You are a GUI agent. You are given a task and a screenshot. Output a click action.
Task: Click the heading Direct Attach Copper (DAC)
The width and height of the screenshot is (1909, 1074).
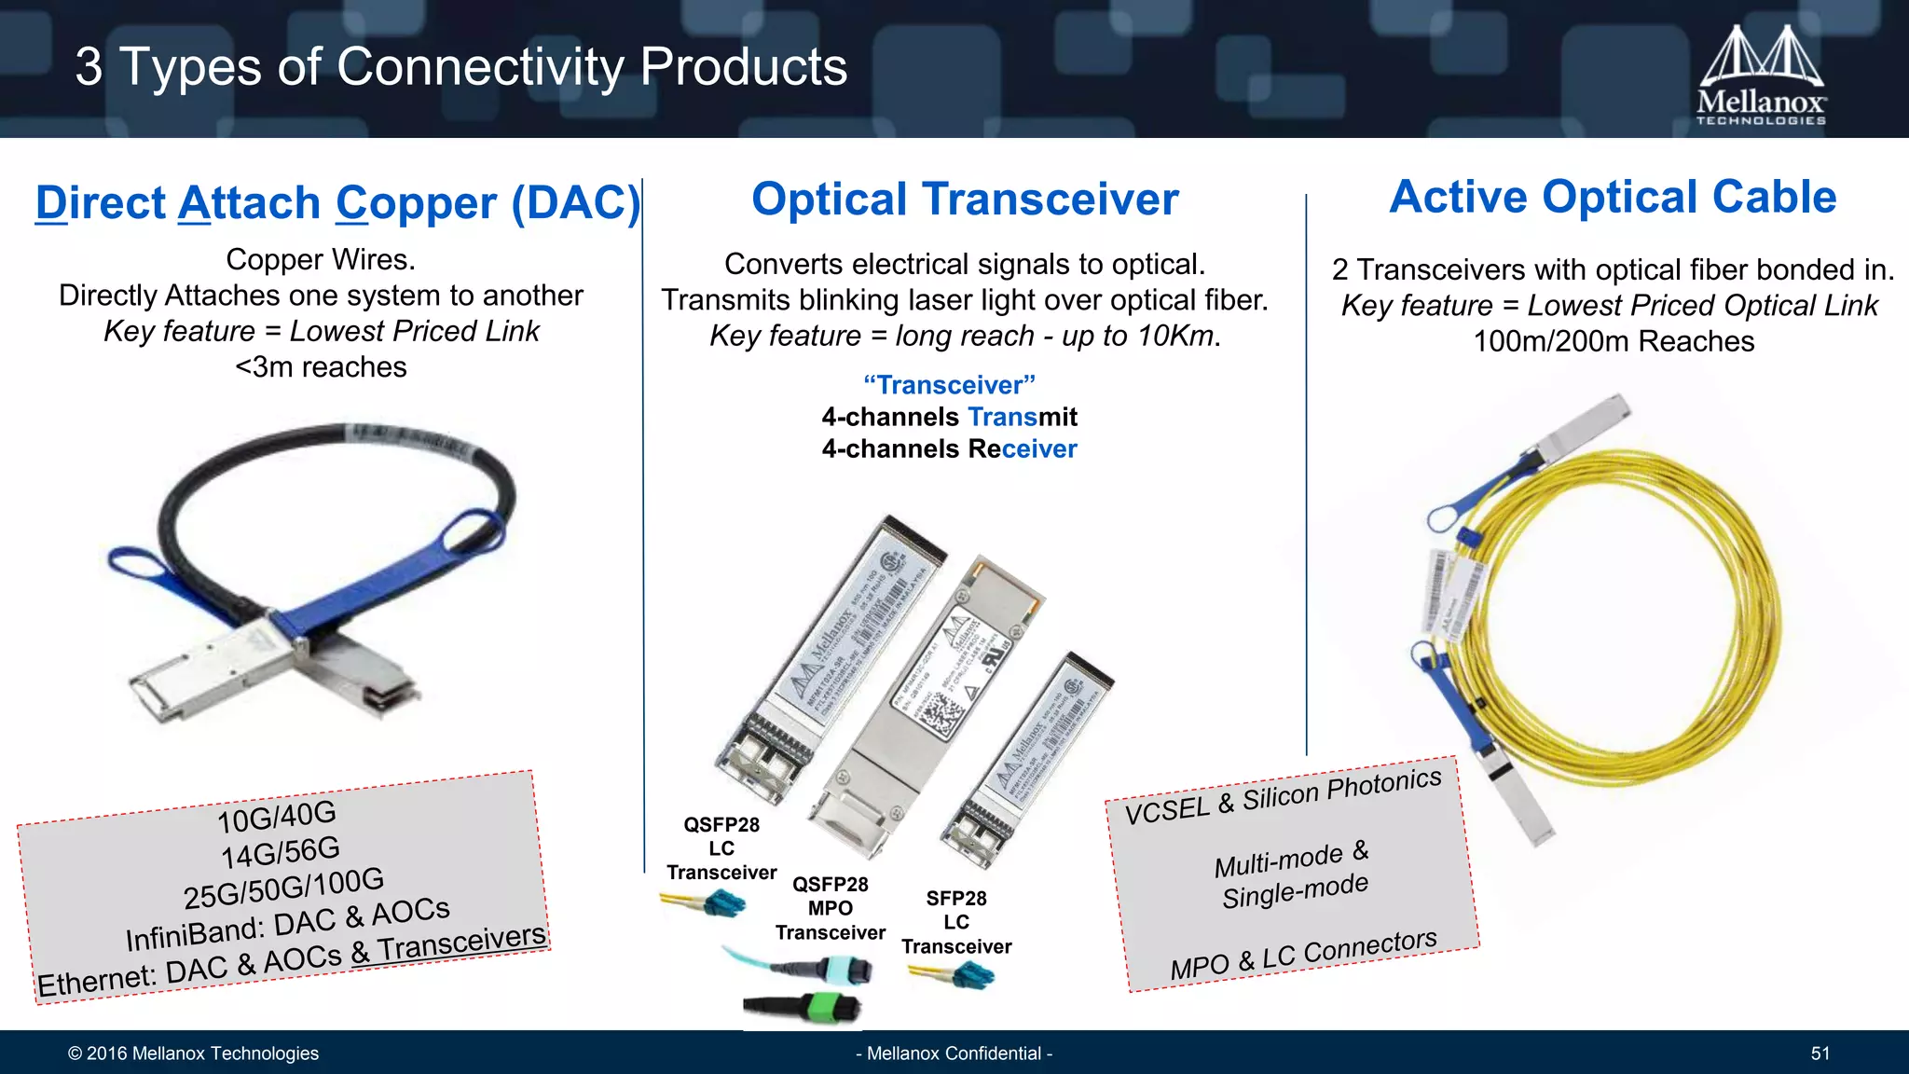click(x=337, y=203)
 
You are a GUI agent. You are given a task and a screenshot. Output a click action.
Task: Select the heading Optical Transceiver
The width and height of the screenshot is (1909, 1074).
click(x=965, y=200)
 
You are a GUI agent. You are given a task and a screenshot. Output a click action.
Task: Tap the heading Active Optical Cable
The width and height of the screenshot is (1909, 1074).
click(x=1613, y=198)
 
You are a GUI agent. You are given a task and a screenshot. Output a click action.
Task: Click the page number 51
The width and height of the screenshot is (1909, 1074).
click(x=1820, y=1053)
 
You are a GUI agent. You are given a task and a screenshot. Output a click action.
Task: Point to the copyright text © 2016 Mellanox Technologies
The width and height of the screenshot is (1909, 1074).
click(x=193, y=1053)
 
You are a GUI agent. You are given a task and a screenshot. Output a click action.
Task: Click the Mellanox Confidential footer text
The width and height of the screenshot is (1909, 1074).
click(x=954, y=1053)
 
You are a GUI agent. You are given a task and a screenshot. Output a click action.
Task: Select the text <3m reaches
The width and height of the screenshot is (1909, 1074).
click(x=321, y=367)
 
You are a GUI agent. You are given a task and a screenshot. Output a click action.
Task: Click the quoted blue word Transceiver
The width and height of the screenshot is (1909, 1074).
click(x=949, y=385)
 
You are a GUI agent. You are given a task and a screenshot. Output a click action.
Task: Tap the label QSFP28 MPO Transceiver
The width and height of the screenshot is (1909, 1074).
click(x=830, y=908)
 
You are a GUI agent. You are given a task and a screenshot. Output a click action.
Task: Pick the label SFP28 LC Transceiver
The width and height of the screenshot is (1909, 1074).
click(x=956, y=922)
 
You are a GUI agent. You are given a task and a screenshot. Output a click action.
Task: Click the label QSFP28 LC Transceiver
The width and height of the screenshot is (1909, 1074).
click(x=721, y=848)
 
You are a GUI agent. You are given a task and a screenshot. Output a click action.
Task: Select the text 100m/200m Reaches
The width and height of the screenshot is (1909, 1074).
click(x=1614, y=341)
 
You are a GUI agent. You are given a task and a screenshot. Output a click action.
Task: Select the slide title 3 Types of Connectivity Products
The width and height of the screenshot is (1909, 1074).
click(x=461, y=67)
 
